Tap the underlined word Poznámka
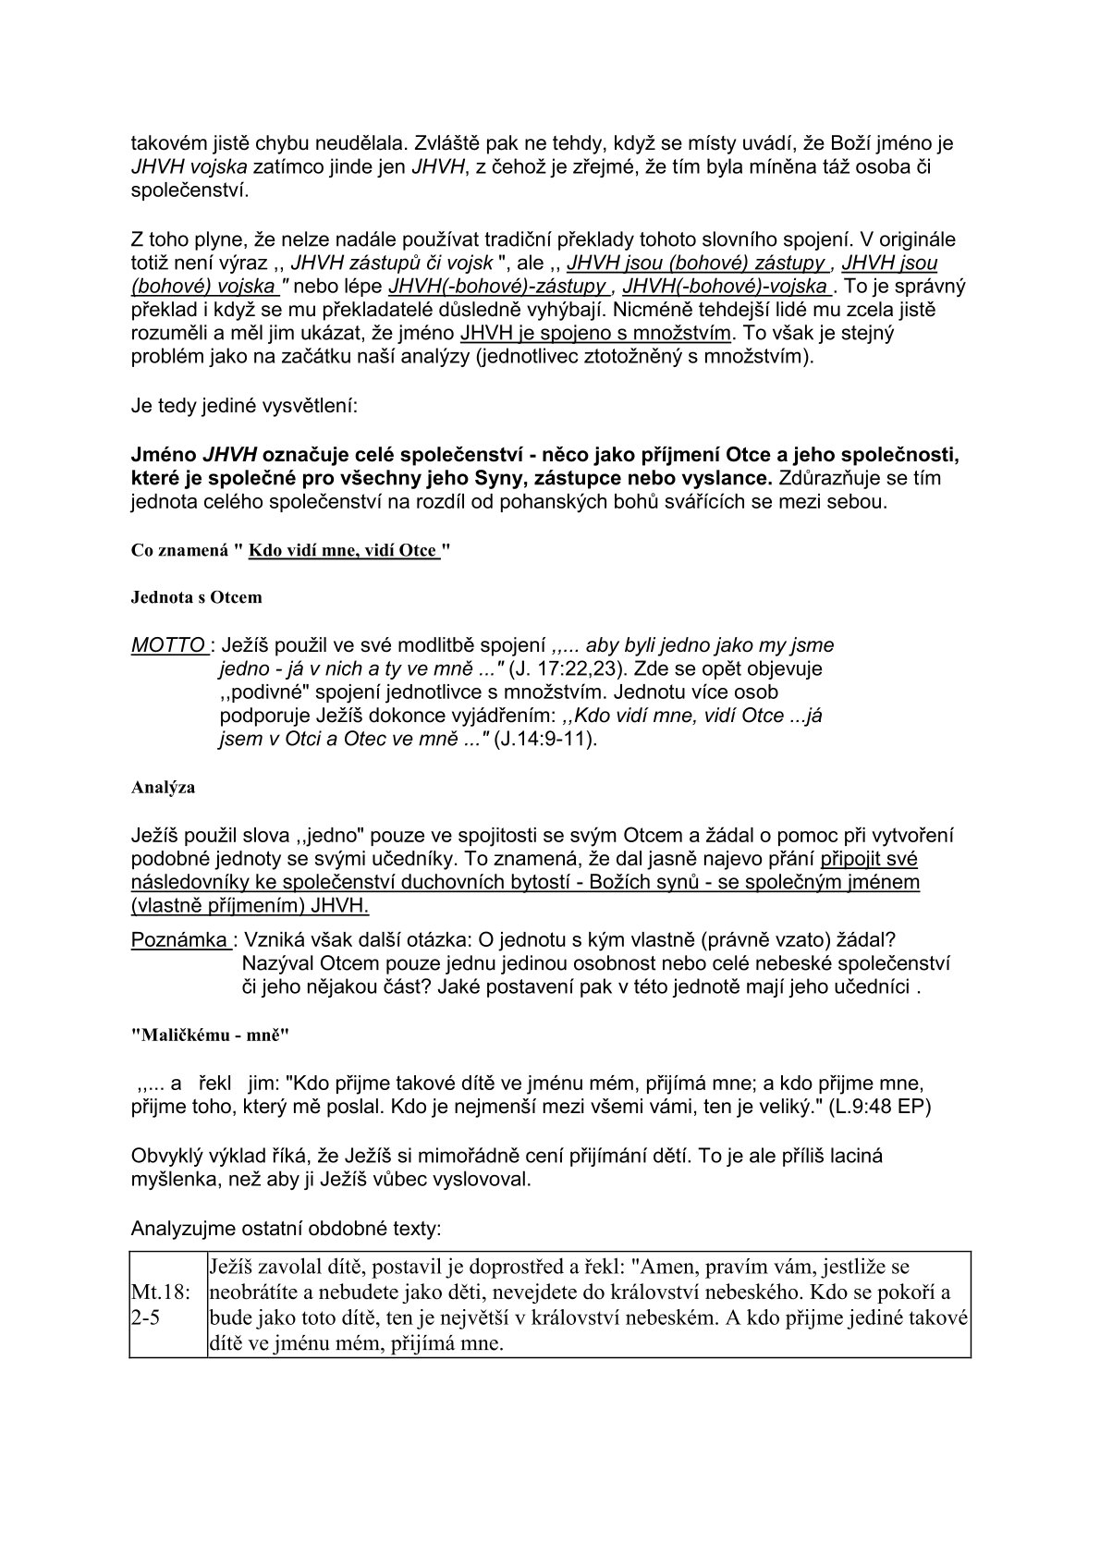click(180, 939)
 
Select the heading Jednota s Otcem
click(196, 597)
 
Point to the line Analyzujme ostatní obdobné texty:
click(287, 1229)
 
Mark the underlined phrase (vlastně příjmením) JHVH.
click(251, 904)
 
